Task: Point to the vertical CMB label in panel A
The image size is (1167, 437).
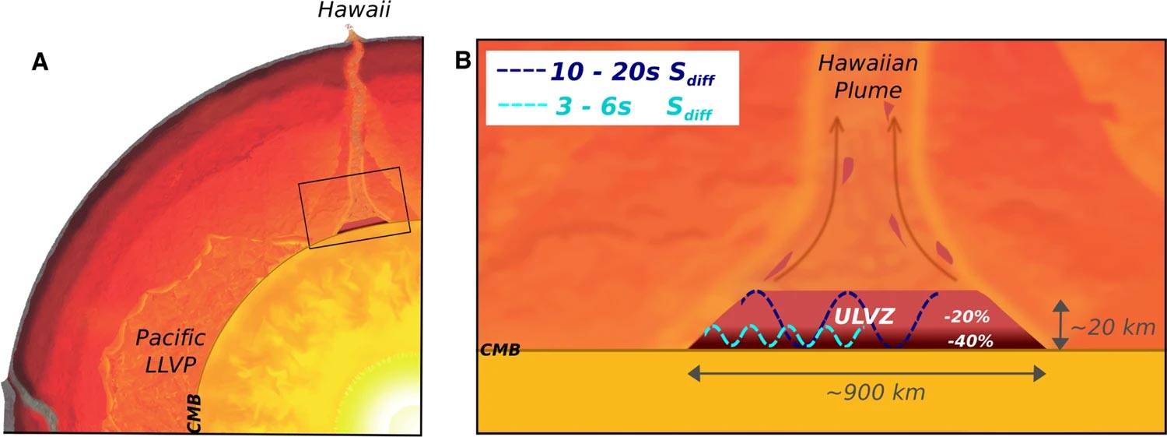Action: (195, 412)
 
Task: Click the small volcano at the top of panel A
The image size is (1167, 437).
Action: (351, 31)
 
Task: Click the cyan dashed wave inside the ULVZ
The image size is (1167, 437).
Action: (778, 336)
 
